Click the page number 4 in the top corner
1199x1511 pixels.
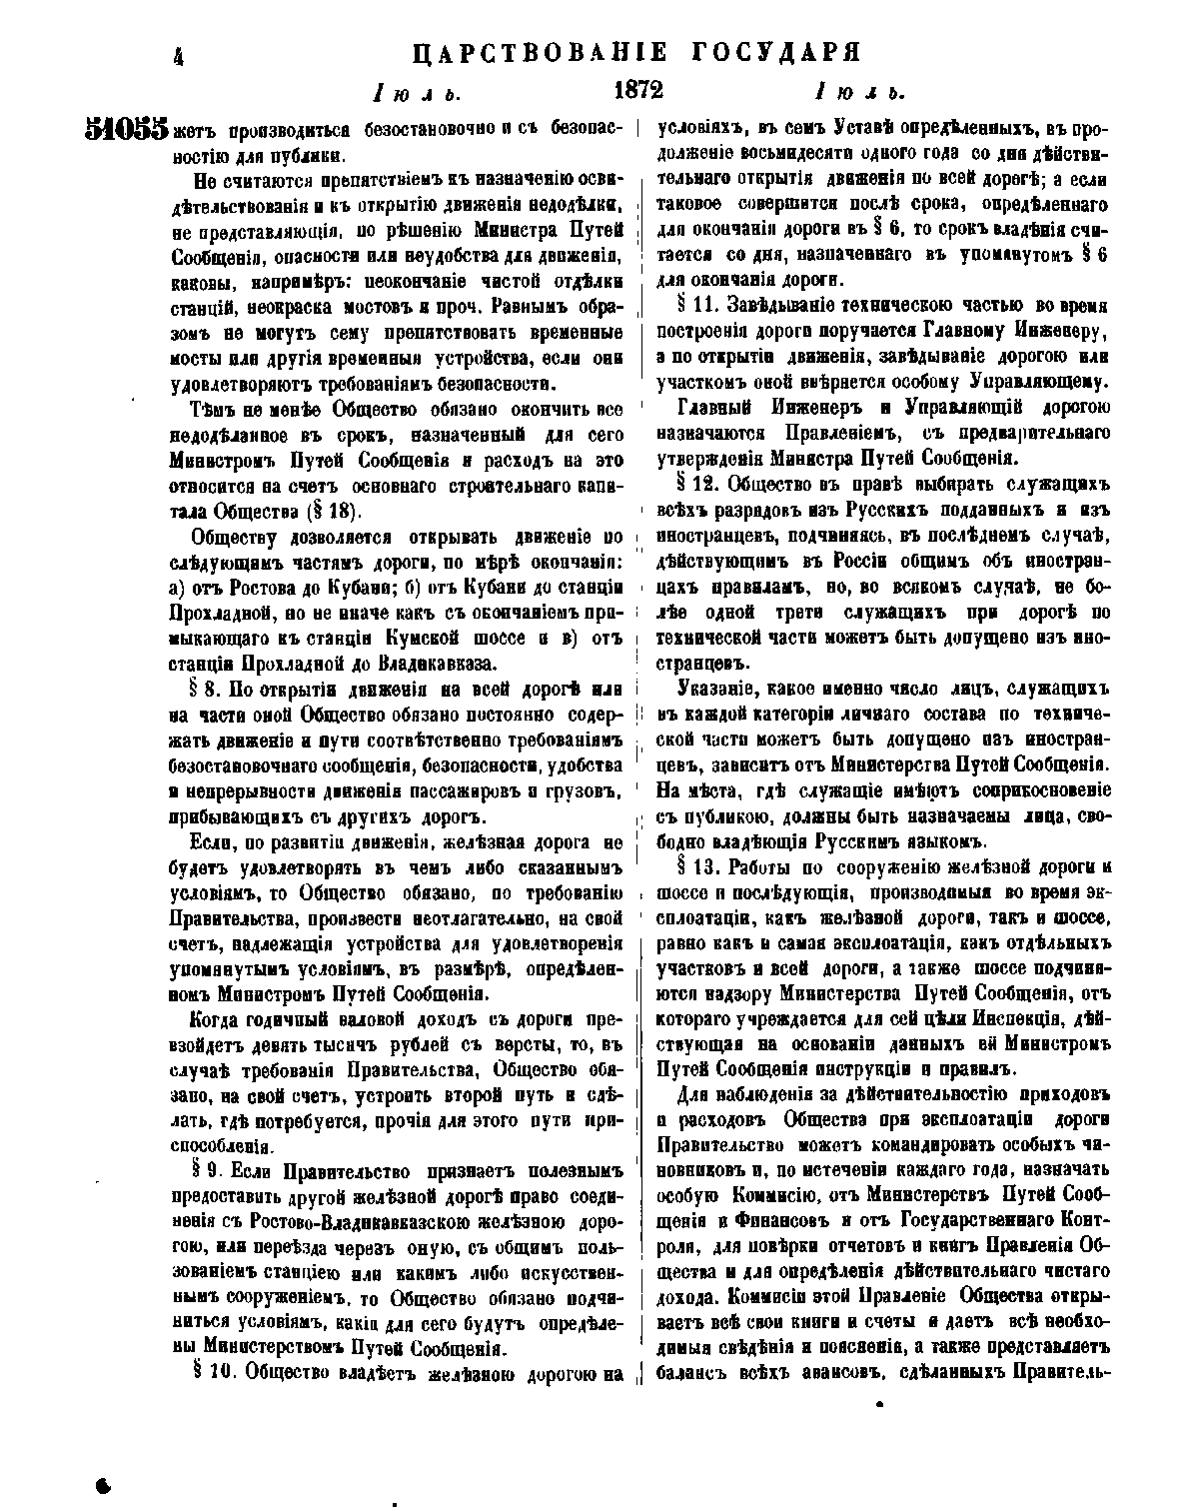(180, 56)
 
